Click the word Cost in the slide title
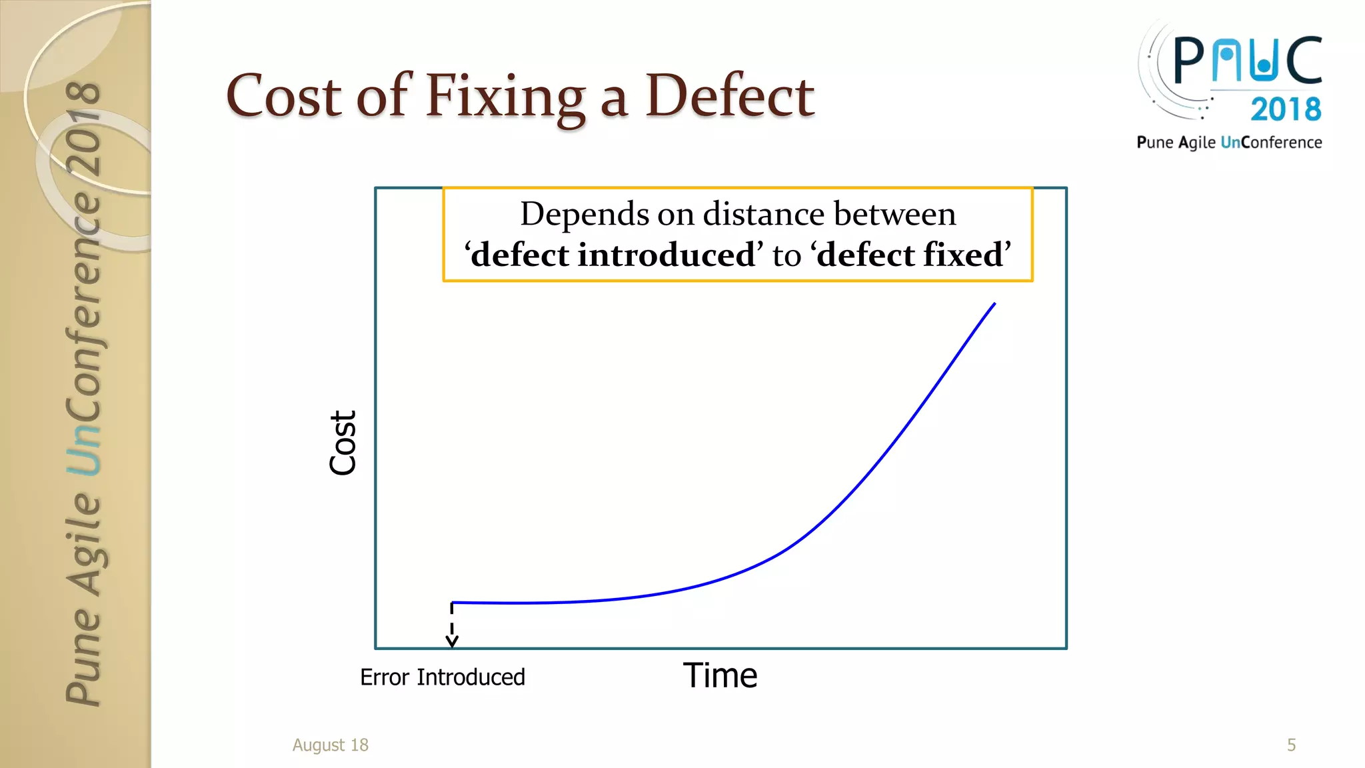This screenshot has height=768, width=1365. (283, 97)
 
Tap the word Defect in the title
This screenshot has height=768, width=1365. (729, 97)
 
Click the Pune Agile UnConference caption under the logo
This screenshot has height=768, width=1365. (1229, 143)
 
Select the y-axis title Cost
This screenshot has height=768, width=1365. (343, 443)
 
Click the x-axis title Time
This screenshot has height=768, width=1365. (720, 676)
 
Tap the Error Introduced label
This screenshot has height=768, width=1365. (443, 677)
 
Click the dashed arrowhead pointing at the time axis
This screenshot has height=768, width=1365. (452, 641)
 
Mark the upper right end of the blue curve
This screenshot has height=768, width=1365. (994, 304)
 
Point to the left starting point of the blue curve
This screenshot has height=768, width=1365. (453, 603)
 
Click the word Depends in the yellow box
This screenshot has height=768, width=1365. (575, 214)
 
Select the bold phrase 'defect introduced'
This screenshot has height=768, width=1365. (614, 255)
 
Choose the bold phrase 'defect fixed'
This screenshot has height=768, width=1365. (910, 255)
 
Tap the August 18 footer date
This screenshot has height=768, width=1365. (330, 745)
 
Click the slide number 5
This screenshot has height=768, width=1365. (1291, 745)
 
